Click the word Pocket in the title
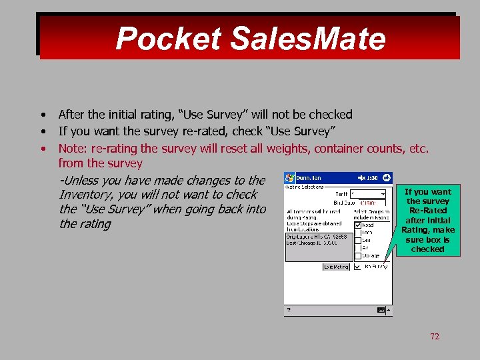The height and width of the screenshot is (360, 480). [168, 39]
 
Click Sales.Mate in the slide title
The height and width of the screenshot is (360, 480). [308, 39]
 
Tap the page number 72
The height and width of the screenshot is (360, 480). [435, 337]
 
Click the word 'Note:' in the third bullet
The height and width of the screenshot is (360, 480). [73, 148]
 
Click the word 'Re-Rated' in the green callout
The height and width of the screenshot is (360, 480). [427, 211]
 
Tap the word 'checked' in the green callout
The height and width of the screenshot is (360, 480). [427, 249]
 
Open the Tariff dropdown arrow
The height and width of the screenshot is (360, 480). [383, 193]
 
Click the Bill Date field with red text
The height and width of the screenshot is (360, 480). [370, 203]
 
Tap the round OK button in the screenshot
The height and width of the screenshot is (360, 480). [387, 178]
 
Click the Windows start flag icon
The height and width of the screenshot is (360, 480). [290, 178]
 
